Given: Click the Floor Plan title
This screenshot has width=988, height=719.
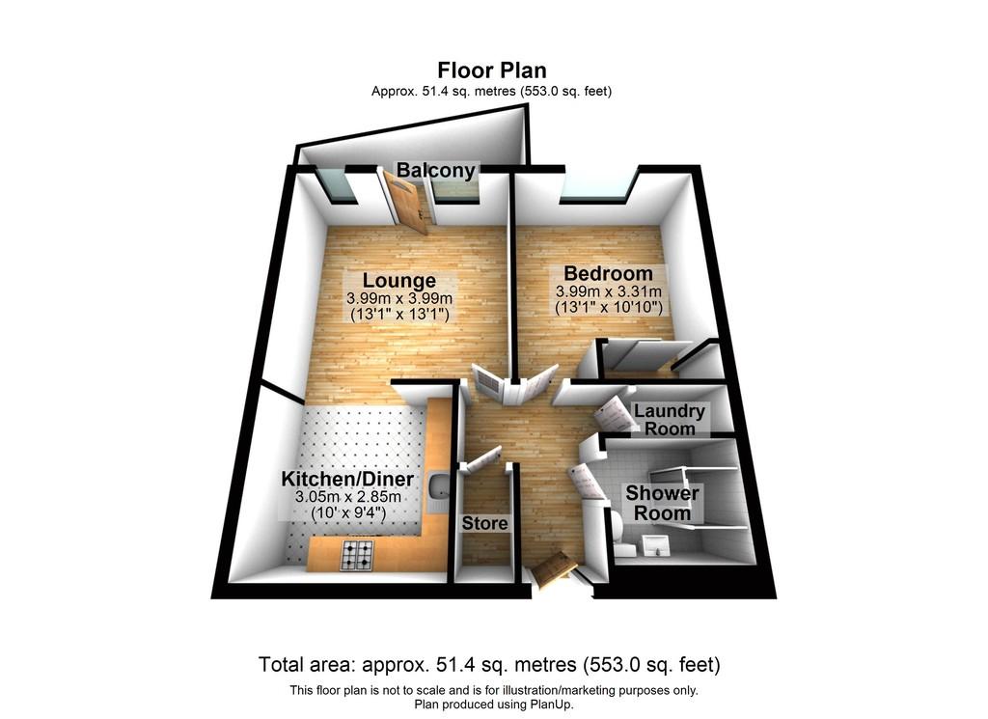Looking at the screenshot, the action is [x=492, y=69].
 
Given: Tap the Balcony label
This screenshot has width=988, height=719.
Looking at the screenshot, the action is [x=435, y=170].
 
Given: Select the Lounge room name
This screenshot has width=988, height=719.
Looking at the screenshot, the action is [x=398, y=281].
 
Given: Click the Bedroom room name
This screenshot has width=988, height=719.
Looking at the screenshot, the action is [x=608, y=273].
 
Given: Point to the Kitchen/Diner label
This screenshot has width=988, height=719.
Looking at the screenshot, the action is [x=347, y=479].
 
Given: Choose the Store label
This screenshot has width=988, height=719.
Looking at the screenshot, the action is [x=484, y=523].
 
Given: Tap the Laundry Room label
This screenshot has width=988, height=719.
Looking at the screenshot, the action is [x=670, y=420].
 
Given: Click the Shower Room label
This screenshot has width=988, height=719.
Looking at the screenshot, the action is [x=662, y=503].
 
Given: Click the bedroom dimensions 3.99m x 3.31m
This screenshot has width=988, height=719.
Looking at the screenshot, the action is [x=608, y=291].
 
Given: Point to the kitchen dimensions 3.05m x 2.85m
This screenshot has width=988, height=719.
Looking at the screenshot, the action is [x=347, y=497].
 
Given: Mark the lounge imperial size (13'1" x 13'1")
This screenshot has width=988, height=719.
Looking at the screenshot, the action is [x=398, y=314].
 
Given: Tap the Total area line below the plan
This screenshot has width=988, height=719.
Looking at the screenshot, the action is [x=489, y=664].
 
